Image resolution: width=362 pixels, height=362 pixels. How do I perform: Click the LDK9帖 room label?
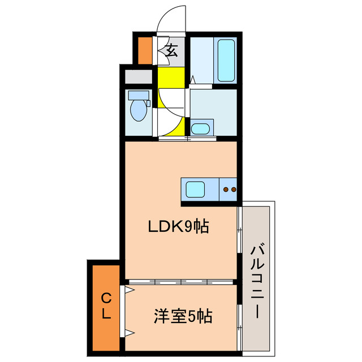(x=179, y=227)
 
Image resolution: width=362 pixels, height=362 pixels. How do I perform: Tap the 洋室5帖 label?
(x=183, y=315)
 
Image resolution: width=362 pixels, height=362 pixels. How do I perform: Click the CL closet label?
(x=106, y=307)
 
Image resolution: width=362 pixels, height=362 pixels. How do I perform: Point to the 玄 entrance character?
(x=171, y=50)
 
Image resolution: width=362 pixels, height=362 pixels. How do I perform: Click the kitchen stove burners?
(x=229, y=189)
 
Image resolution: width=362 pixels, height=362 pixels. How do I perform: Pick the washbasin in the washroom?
(x=200, y=128)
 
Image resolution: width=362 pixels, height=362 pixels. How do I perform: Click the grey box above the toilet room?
(x=138, y=76)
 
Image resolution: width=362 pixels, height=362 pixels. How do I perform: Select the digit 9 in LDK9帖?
(x=187, y=227)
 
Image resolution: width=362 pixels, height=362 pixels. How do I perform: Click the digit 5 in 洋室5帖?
(x=192, y=315)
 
